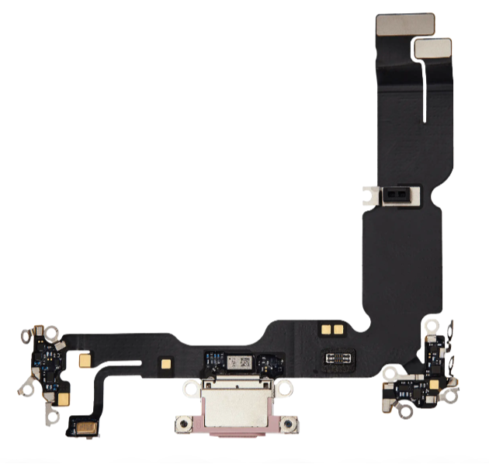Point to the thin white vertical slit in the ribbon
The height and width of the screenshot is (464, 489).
(425, 89)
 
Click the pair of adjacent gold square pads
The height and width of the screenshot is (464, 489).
(332, 330)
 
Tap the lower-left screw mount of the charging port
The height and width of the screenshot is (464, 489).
(182, 424)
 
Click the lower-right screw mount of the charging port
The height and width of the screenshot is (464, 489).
(287, 424)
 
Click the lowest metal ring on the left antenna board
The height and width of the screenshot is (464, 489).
(52, 417)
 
